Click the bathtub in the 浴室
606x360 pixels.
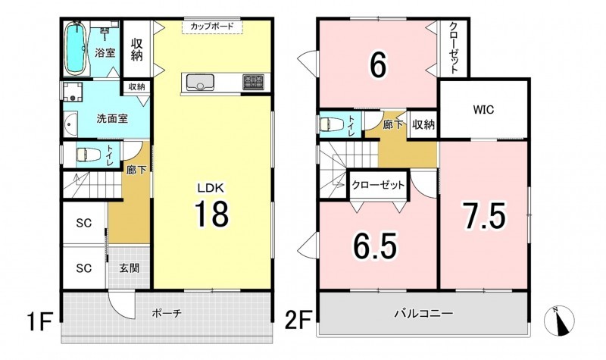tap(75, 48)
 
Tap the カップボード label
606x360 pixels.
tap(212, 27)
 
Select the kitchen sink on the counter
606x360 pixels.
tap(200, 82)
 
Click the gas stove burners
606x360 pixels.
tap(254, 82)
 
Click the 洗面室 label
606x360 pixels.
tap(112, 118)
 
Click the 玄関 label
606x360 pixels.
tap(129, 268)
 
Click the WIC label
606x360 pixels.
tap(483, 110)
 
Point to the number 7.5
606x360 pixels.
tap(485, 216)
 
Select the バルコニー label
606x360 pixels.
tap(423, 313)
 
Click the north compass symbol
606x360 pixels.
tap(559, 321)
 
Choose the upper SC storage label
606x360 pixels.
tap(84, 223)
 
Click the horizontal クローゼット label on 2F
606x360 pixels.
tap(378, 185)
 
